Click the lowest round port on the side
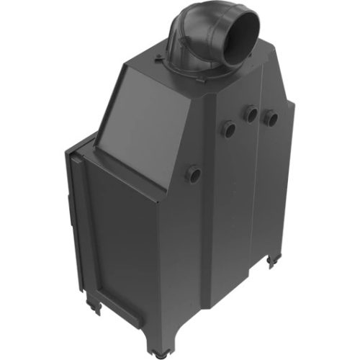193,174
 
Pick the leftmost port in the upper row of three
228,130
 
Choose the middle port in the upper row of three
251,114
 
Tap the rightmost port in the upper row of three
271,117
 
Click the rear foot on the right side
272,260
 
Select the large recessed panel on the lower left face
122,238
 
